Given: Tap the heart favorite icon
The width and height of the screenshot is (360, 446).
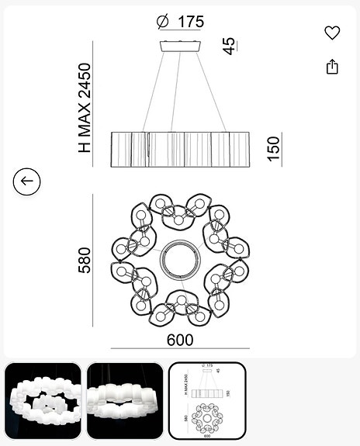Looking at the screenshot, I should pos(332,33).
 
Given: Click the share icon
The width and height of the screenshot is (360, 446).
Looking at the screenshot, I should pos(332,67).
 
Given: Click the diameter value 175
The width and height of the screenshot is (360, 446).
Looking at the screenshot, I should pos(189,22).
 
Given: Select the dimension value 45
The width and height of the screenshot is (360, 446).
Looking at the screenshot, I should pos(229,47).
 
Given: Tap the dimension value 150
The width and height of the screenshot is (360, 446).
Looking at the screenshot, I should pos(273,148).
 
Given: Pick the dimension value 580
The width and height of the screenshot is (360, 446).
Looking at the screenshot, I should pos(85,260).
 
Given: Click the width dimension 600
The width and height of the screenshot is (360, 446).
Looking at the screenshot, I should pos(180,340).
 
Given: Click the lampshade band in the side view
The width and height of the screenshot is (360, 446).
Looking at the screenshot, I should pos(180,149).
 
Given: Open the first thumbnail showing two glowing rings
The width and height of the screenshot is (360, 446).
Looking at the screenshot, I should pos(43,401).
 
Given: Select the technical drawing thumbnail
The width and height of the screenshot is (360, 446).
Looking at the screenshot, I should pos(207,401).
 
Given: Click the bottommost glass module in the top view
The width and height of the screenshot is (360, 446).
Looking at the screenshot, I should pos(180,306).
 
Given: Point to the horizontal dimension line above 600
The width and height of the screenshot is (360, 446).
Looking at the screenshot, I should pos(180,348).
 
